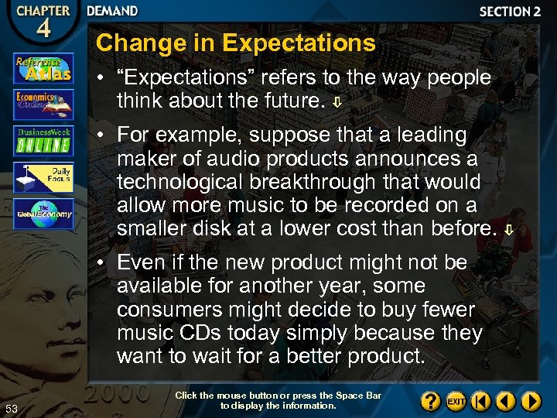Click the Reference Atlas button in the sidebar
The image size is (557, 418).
[43, 69]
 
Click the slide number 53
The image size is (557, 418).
[11, 409]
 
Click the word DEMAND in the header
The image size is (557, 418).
[112, 12]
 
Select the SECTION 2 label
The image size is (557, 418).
[509, 12]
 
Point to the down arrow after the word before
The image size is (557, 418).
[507, 230]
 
